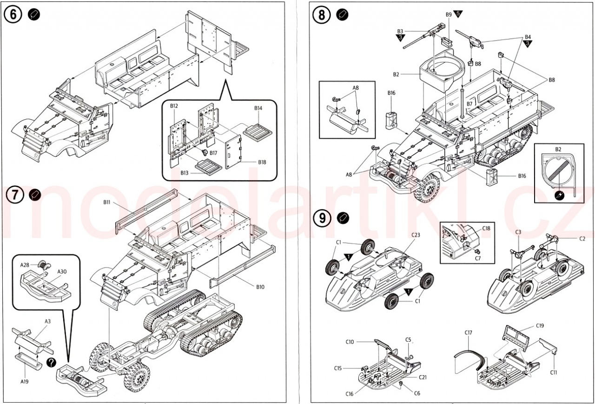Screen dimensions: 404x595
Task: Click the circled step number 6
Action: pyautogui.click(x=13, y=14)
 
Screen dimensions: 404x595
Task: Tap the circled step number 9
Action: pyautogui.click(x=322, y=218)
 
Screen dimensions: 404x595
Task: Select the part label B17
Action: pyautogui.click(x=213, y=153)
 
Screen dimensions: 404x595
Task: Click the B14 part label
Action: pyautogui.click(x=258, y=108)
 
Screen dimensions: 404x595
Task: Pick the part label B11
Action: pyautogui.click(x=106, y=202)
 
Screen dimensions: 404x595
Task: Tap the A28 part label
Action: pyautogui.click(x=25, y=265)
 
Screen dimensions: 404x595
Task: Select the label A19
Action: pyautogui.click(x=25, y=382)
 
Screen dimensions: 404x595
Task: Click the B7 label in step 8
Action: pyautogui.click(x=469, y=103)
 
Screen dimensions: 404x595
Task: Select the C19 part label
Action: pyautogui.click(x=540, y=325)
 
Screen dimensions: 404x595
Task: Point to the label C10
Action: pyautogui.click(x=350, y=342)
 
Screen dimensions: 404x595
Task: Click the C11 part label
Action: pyautogui.click(x=553, y=372)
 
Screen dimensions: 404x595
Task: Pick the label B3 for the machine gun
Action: pyautogui.click(x=400, y=31)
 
